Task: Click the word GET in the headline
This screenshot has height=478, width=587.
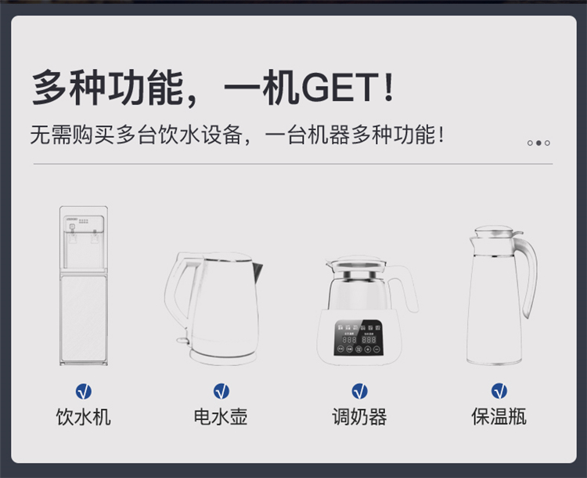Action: [x=340, y=88]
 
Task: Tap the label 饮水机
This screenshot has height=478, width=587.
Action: [x=84, y=417]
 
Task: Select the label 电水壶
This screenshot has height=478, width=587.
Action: [x=221, y=417]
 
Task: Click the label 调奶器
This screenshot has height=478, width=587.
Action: [x=359, y=417]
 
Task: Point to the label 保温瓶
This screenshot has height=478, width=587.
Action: [x=499, y=417]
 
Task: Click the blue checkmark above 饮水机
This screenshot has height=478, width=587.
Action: [x=84, y=391]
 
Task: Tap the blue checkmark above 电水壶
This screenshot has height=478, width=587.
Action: [x=221, y=391]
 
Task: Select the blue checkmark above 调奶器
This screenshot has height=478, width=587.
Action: [x=360, y=391]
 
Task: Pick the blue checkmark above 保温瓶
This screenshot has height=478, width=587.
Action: [x=499, y=391]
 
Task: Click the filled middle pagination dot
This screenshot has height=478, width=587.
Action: [x=538, y=143]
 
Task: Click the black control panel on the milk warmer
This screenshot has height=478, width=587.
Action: [x=358, y=339]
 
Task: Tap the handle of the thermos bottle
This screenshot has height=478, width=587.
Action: [x=528, y=276]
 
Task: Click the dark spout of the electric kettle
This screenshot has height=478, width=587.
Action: [x=257, y=273]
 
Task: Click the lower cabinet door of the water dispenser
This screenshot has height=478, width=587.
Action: [x=84, y=318]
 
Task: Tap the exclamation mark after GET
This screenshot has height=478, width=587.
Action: [x=388, y=88]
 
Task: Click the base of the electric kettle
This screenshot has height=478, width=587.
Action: [x=224, y=357]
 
